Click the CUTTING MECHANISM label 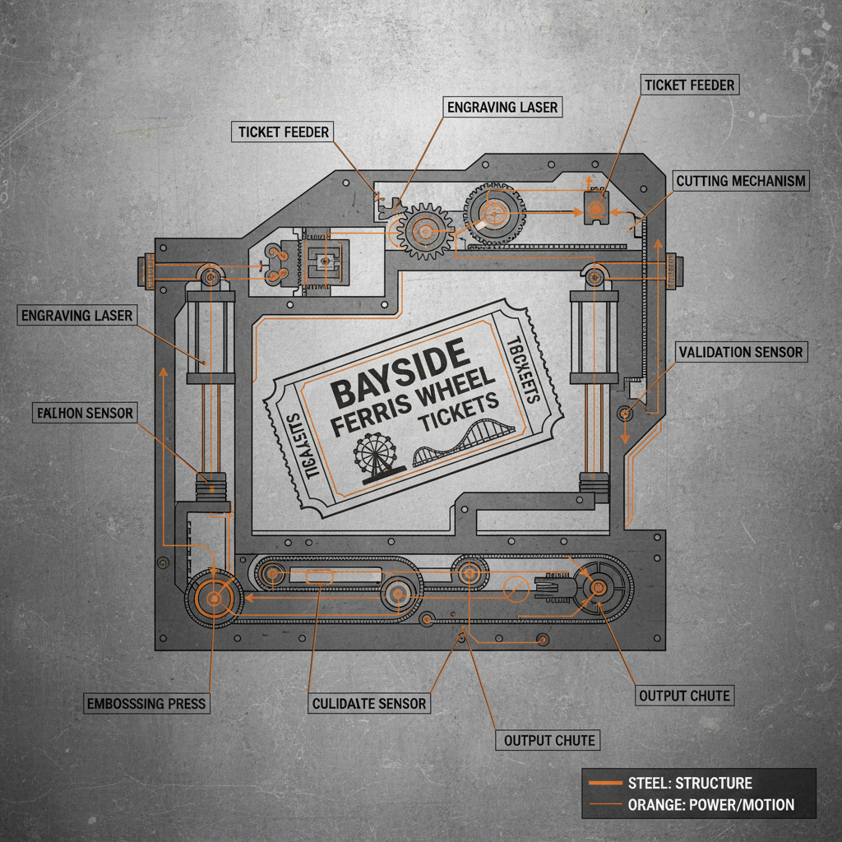coord(741,181)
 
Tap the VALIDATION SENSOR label coord(740,352)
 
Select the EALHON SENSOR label coord(85,413)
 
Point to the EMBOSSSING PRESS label coord(146,704)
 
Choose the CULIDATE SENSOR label coord(369,703)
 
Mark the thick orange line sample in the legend coord(604,783)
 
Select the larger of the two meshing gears coord(494,212)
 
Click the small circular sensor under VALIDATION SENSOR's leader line coord(625,412)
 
